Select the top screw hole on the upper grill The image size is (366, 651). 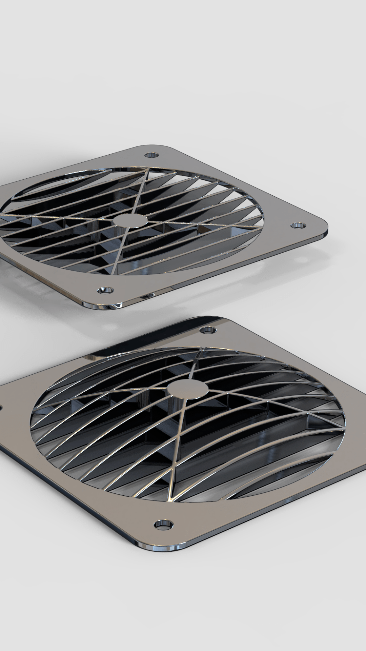[151, 155]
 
